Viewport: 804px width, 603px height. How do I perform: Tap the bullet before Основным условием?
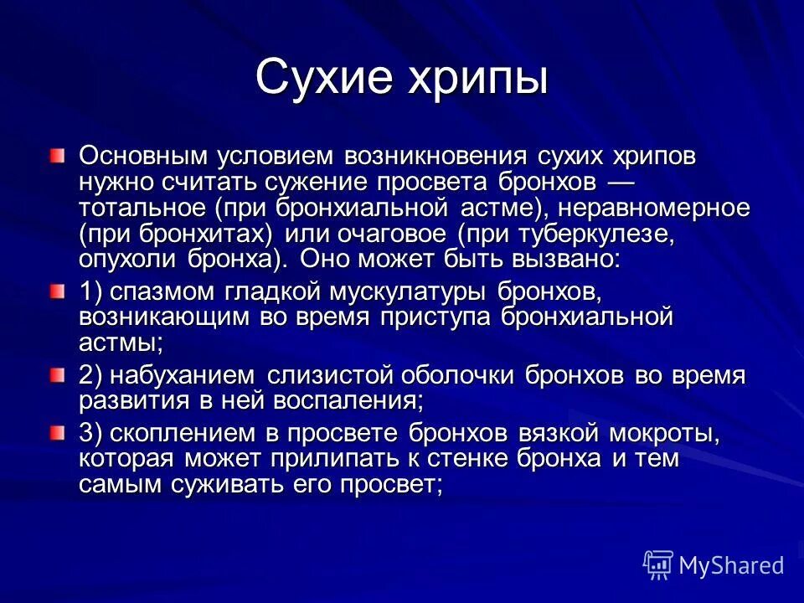pyautogui.click(x=55, y=156)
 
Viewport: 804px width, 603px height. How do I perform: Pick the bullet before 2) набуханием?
pyautogui.click(x=55, y=374)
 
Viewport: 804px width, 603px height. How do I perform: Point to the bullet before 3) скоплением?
pyautogui.click(x=55, y=433)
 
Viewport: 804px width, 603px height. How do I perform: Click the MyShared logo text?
pyautogui.click(x=731, y=564)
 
